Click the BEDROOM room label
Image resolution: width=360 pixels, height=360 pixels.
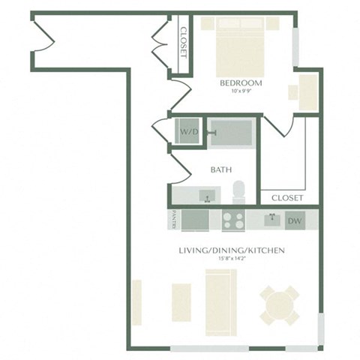click(x=241, y=83)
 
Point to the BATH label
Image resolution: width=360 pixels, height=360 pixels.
click(x=220, y=170)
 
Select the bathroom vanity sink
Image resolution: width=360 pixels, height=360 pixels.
click(x=206, y=196)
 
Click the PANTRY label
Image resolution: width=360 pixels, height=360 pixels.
click(x=173, y=220)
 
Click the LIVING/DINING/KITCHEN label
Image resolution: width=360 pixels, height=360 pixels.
click(x=230, y=250)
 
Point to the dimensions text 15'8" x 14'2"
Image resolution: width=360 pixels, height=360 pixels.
click(x=230, y=259)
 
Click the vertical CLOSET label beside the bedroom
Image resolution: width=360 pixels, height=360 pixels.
click(x=182, y=42)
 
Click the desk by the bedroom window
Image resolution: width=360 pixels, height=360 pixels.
click(x=307, y=89)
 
